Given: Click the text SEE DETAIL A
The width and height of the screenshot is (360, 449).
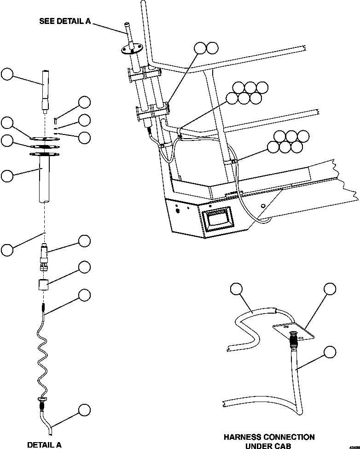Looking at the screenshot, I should click(64, 21).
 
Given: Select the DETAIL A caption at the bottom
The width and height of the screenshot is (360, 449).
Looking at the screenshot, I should click(44, 444).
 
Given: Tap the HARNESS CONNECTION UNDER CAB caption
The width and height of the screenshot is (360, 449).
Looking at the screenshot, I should click(269, 441).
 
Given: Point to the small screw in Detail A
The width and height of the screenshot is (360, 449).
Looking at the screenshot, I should click(55, 121).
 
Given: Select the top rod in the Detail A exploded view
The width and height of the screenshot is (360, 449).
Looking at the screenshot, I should click(45, 90).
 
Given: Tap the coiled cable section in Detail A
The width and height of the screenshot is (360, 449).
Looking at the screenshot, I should click(44, 355).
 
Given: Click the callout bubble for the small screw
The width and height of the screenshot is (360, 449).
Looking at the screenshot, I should click(84, 103).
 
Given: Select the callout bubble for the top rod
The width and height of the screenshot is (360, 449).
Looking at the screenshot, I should click(7, 74).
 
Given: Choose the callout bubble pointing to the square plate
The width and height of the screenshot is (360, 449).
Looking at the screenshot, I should click(330, 289).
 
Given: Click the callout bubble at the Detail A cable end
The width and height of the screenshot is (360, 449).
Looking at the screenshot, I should click(84, 409).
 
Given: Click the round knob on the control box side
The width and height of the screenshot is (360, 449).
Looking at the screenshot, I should click(178, 211).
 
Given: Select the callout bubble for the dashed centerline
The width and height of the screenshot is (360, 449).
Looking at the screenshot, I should click(7, 250).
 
